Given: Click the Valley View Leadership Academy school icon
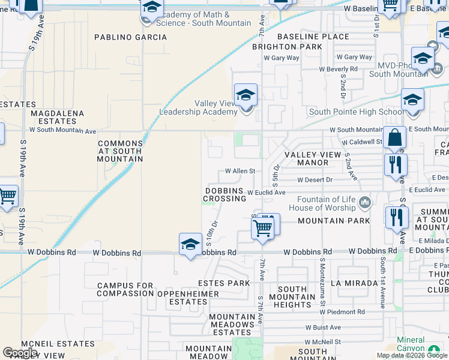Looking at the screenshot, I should point(245,96).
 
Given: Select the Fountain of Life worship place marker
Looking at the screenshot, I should point(364,204).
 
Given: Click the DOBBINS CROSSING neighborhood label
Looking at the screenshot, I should point(225,194).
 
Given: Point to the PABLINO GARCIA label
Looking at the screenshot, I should point(131,37).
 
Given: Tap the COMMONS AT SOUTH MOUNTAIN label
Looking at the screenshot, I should point(120,151).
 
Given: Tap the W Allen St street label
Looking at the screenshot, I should point(240,171).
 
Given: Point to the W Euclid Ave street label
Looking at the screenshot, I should point(266,192).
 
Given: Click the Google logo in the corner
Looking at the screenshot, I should point(20,353).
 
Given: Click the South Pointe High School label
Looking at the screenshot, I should point(357,112).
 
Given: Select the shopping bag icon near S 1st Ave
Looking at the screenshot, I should point(395,139).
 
